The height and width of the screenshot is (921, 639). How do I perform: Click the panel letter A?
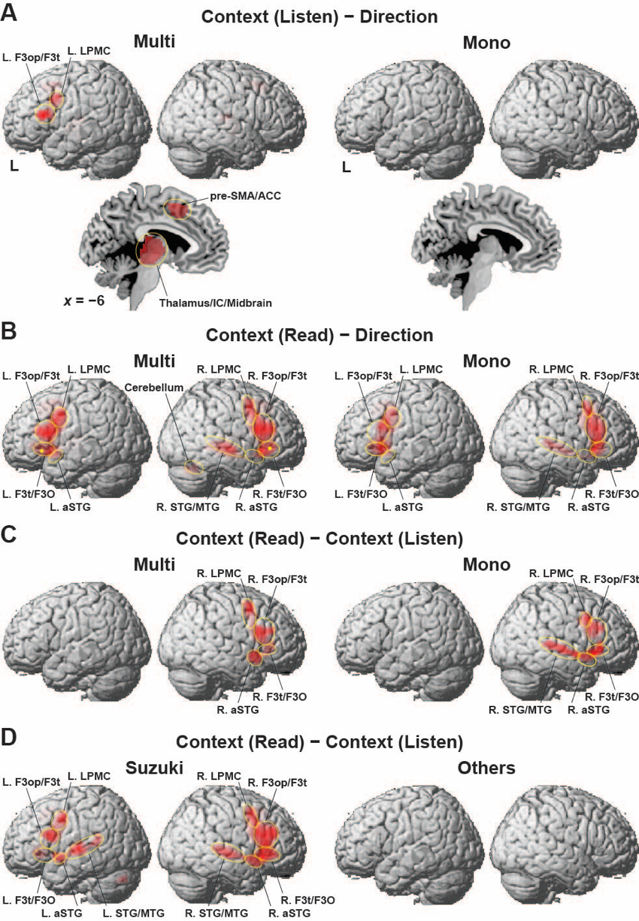9,14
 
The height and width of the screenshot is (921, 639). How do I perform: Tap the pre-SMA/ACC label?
245,196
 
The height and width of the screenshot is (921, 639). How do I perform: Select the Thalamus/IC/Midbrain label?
216,303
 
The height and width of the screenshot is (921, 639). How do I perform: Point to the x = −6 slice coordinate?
84,300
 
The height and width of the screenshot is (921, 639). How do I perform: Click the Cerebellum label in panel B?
154,388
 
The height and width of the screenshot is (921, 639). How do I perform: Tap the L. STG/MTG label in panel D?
133,913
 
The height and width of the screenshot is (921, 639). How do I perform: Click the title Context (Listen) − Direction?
319,17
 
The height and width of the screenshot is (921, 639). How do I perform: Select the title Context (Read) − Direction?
319,335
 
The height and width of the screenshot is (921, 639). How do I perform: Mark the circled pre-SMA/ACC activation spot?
177,210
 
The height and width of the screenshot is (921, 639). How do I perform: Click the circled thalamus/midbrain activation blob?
151,250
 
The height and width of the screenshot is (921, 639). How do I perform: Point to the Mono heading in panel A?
486,42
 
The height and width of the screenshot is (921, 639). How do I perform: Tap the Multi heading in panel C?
154,564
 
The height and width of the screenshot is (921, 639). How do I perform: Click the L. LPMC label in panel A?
89,51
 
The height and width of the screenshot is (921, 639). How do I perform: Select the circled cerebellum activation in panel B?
193,467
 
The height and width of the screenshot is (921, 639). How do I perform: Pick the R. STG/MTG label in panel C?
520,710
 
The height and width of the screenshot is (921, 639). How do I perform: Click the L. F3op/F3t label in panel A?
31,57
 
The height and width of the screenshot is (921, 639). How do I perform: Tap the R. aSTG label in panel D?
289,913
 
